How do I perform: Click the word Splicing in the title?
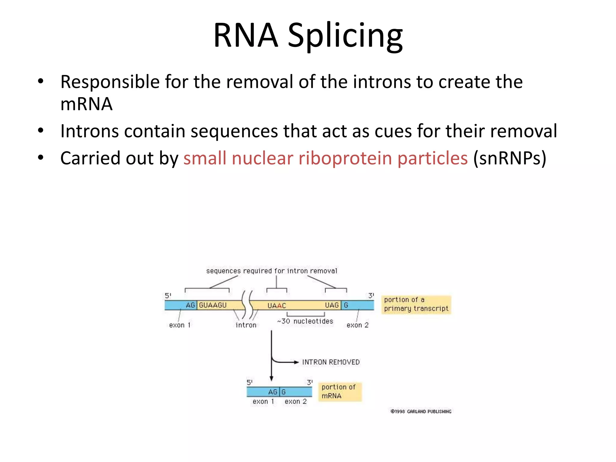click(x=345, y=35)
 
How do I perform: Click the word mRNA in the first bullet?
click(x=86, y=104)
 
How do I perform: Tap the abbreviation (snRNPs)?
click(x=510, y=158)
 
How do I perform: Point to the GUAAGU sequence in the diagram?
click(x=213, y=305)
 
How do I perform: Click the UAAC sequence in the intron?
click(x=277, y=306)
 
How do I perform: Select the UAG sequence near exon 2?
click(x=332, y=305)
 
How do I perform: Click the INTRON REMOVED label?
click(x=331, y=362)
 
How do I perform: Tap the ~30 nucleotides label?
click(x=305, y=321)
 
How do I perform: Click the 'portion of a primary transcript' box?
click(x=416, y=304)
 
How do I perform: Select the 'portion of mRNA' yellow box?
click(x=340, y=392)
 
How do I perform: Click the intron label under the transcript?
click(x=246, y=325)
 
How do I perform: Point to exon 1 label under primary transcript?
click(x=180, y=325)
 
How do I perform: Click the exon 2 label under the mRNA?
click(x=295, y=402)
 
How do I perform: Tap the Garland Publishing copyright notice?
click(x=421, y=411)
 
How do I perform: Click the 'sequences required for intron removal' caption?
click(x=271, y=271)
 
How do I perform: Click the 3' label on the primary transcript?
click(x=371, y=296)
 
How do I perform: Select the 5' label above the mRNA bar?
click(x=249, y=382)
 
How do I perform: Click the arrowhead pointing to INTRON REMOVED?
click(x=296, y=362)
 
